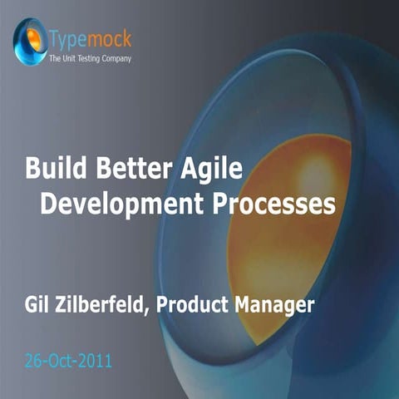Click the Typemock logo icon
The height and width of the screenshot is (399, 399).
click(x=31, y=39)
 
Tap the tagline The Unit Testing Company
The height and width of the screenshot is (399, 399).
click(x=89, y=58)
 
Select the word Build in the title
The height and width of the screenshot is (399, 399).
click(x=52, y=172)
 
